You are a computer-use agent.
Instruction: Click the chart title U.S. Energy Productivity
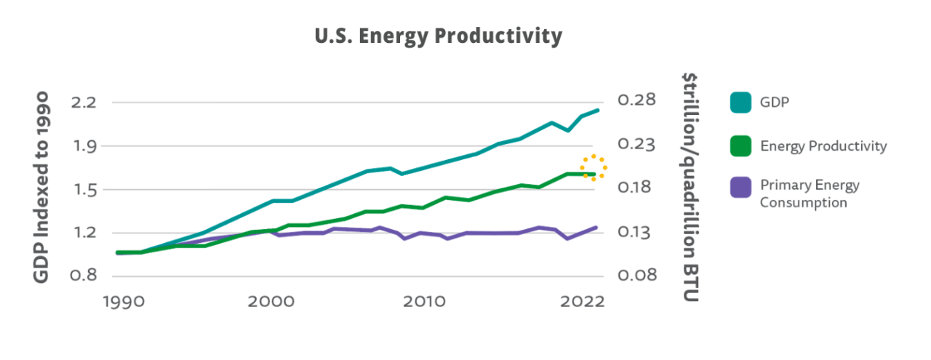[x=439, y=36]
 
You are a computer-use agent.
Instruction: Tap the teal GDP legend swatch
[x=740, y=103]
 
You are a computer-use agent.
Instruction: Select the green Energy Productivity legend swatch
[x=740, y=146]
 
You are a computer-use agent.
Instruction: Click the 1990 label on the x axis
[x=118, y=301]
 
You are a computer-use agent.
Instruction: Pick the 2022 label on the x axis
[x=581, y=301]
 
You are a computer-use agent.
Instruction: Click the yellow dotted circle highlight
[x=594, y=168]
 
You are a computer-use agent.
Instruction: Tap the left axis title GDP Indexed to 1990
[x=41, y=188]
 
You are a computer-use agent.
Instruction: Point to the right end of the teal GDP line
[x=597, y=111]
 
